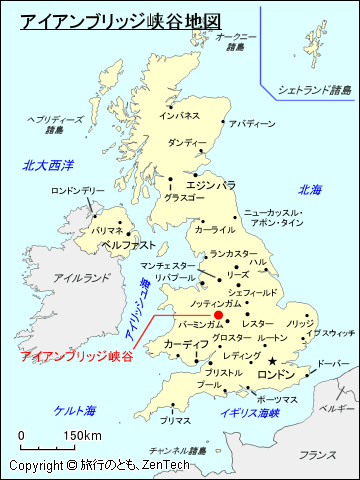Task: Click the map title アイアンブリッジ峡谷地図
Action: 120,20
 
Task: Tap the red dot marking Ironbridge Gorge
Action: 218,314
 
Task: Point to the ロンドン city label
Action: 277,375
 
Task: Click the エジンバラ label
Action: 211,185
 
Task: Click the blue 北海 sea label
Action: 310,189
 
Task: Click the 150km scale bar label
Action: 83,435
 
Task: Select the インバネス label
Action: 180,116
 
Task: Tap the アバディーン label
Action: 251,124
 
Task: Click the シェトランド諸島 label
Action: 314,90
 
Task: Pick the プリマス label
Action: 174,421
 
